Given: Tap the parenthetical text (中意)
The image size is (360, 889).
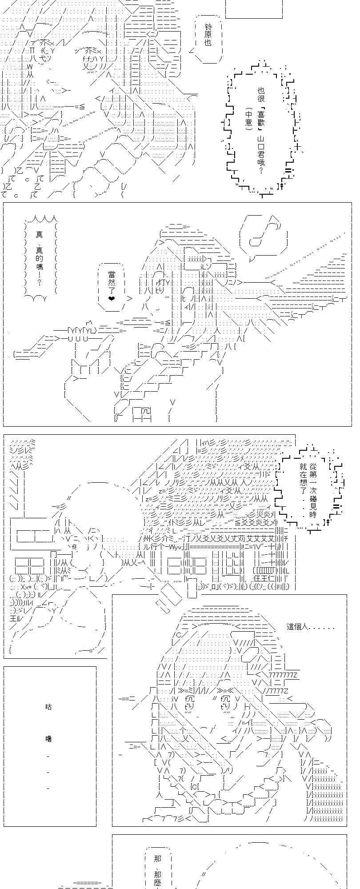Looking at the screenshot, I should coord(248,117).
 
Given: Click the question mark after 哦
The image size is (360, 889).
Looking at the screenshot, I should coord(260,171).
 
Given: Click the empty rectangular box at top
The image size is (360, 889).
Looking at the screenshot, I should coord(254,8).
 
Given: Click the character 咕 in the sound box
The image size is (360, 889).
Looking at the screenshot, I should coord(49,706).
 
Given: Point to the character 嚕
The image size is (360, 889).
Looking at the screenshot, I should coord(49,738).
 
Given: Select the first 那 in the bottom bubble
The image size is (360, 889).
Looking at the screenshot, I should coord(157,857).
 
